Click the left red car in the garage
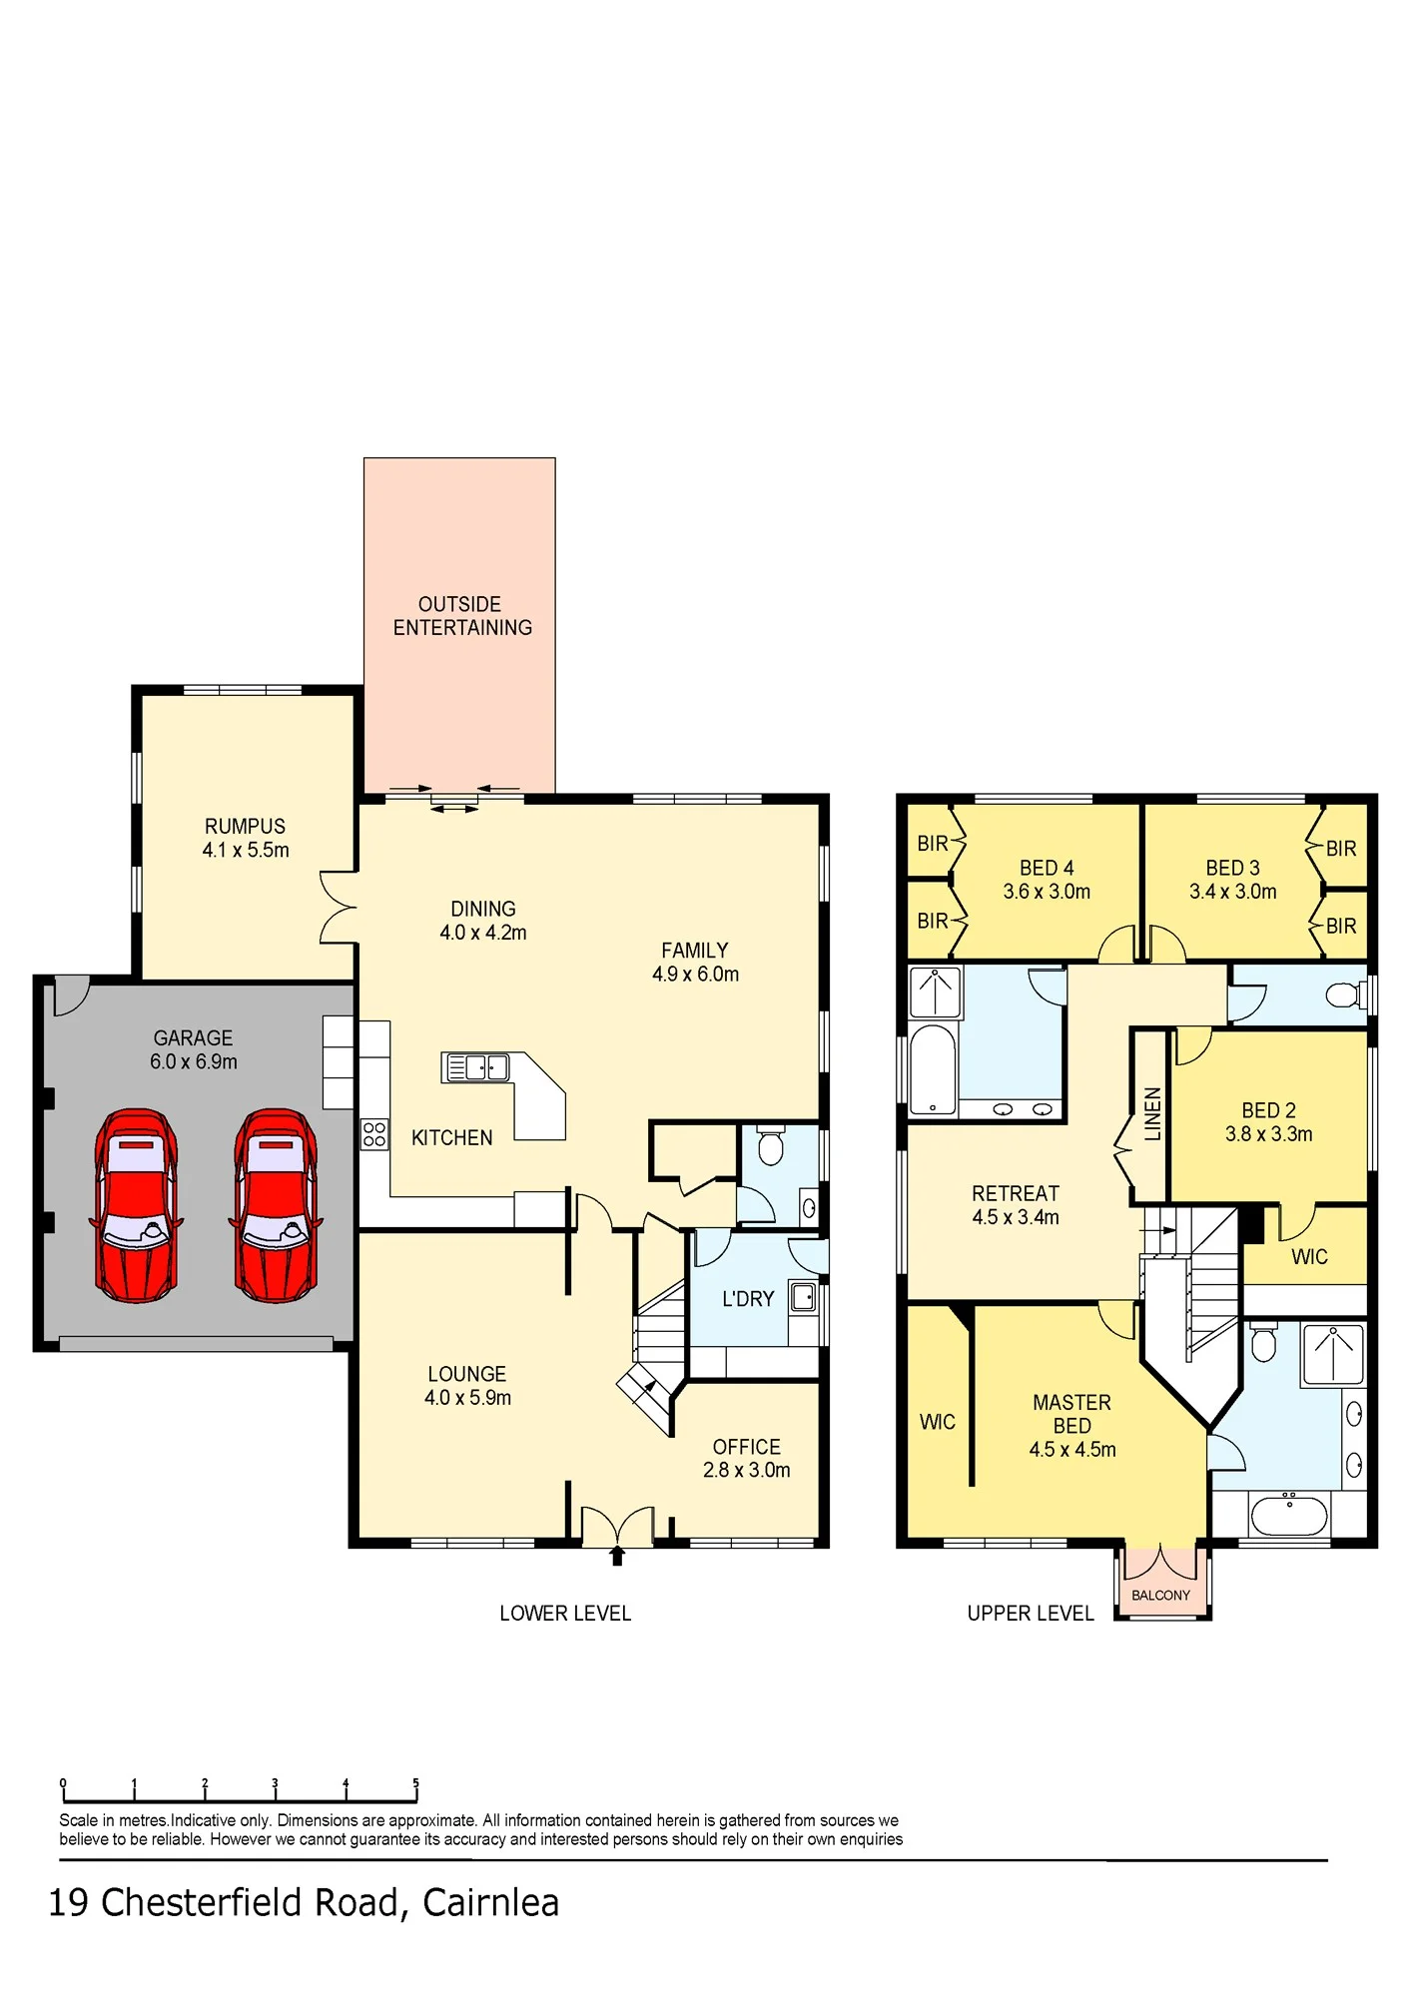(136, 1205)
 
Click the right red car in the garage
(276, 1205)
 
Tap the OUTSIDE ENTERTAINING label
(462, 616)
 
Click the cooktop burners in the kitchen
(374, 1134)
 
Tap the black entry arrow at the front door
(617, 1556)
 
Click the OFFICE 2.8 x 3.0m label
(747, 1459)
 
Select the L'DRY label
(748, 1299)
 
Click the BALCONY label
(1160, 1596)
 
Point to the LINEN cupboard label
(1152, 1113)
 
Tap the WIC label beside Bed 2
(1309, 1257)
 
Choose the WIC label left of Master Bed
(938, 1422)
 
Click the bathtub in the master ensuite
(1289, 1516)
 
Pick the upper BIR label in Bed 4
(933, 844)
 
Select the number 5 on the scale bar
(416, 1782)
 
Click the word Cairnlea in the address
(490, 1903)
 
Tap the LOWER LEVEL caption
(565, 1614)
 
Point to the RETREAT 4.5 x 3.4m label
(1016, 1205)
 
